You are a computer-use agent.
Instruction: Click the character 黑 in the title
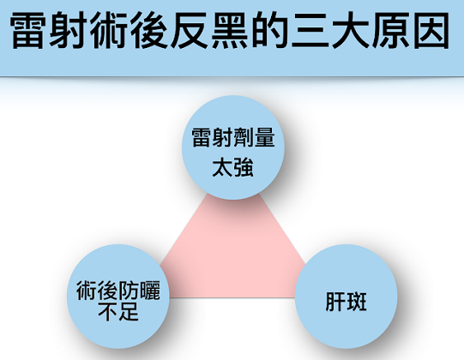(229, 31)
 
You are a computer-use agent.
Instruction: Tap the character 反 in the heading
(189, 31)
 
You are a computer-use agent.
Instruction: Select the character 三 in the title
(310, 31)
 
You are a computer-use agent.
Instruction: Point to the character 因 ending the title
(431, 31)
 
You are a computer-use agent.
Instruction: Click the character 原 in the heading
(391, 31)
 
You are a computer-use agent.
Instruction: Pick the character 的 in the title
(269, 31)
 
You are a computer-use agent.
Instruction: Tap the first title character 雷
(27, 31)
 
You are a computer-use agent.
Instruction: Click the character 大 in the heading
(351, 31)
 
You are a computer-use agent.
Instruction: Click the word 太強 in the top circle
(233, 167)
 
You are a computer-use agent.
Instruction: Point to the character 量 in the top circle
(264, 137)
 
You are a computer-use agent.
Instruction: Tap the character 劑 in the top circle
(244, 137)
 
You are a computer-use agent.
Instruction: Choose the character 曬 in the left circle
(150, 291)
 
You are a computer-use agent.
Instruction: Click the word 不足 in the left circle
(118, 311)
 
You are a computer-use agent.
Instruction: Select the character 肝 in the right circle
(335, 302)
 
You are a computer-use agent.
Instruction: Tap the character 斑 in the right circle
(357, 302)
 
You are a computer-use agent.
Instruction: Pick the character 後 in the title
(148, 31)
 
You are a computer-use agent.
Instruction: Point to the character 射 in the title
(68, 31)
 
